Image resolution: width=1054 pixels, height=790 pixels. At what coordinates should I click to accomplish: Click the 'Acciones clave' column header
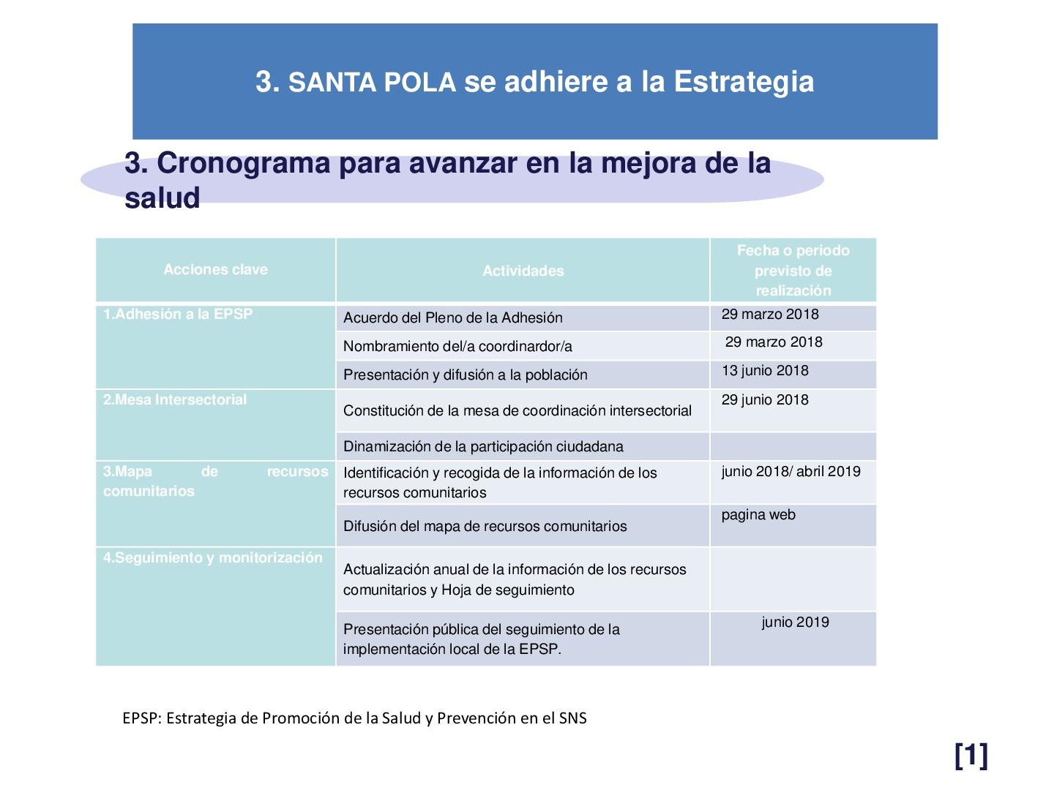(x=215, y=269)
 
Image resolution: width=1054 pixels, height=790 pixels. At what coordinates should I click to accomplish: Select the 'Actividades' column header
(x=523, y=271)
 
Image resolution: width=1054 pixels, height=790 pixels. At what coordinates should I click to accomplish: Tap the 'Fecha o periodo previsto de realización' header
(x=793, y=270)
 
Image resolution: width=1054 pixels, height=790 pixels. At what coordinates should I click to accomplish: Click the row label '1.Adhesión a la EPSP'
(x=178, y=314)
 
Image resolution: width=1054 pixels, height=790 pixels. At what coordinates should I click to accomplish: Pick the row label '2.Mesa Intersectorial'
(x=175, y=399)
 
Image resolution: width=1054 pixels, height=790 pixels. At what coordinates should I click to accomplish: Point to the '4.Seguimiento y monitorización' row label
(x=213, y=557)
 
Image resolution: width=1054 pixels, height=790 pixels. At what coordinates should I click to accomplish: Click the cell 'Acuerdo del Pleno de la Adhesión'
(x=453, y=317)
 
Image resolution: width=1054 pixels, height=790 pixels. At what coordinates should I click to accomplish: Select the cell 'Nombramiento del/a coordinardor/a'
(x=457, y=346)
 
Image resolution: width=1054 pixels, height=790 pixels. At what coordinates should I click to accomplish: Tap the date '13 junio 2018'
(x=765, y=370)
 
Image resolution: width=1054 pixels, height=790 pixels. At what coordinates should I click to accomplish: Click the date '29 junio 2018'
(x=765, y=399)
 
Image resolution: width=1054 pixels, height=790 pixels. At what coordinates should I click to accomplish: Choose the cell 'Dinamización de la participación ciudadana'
(x=483, y=446)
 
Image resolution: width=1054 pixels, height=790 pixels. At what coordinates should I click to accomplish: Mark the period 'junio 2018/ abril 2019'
(x=790, y=471)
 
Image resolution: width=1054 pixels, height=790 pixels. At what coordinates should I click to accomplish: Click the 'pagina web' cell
(x=758, y=515)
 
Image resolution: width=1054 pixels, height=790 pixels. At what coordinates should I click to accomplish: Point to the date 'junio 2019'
(x=795, y=622)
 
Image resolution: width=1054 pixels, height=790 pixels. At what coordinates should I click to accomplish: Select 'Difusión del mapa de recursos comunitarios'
(x=485, y=526)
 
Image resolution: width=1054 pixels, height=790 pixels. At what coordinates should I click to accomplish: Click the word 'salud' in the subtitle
(x=162, y=197)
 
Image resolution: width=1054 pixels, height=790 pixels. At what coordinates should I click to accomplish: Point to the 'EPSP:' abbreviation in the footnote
(x=143, y=718)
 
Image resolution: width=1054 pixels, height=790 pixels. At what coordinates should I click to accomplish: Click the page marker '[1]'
(x=971, y=755)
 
